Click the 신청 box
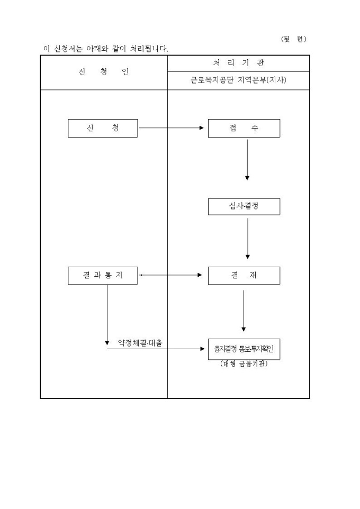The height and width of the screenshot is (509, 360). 103,128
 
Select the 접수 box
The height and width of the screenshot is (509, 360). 244,128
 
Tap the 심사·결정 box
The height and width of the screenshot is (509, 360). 244,206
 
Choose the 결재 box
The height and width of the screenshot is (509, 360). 244,275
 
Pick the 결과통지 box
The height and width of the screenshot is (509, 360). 103,275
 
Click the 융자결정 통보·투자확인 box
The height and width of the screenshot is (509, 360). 244,349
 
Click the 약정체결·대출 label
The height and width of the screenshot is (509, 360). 140,343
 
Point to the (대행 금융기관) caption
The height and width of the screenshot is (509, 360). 244,363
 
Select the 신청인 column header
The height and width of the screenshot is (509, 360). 104,72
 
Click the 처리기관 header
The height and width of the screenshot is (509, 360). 238,63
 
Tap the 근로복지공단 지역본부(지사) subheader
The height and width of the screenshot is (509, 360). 238,81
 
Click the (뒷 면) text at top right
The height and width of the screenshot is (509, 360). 293,39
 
